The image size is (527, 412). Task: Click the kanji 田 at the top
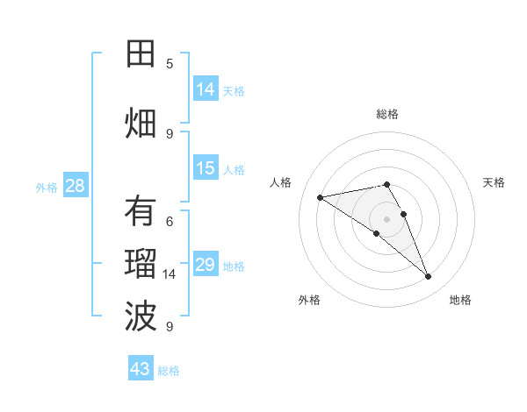pyautogui.click(x=141, y=54)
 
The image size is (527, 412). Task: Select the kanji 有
pyautogui.click(x=141, y=211)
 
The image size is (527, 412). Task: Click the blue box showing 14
pyautogui.click(x=206, y=89)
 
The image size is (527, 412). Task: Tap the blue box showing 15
pyautogui.click(x=206, y=168)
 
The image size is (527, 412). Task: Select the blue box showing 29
pyautogui.click(x=206, y=265)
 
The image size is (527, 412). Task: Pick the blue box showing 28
pyautogui.click(x=75, y=186)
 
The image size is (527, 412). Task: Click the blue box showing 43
pyautogui.click(x=141, y=369)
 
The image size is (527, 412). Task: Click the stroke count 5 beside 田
pyautogui.click(x=170, y=64)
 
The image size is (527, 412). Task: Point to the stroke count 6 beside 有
pyautogui.click(x=170, y=222)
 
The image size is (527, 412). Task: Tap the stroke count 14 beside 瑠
pyautogui.click(x=170, y=274)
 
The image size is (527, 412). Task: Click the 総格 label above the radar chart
pyautogui.click(x=387, y=114)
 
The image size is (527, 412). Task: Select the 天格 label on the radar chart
pyautogui.click(x=495, y=182)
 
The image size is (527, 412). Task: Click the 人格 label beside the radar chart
pyautogui.click(x=281, y=182)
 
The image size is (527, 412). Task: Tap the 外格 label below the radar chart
pyautogui.click(x=309, y=300)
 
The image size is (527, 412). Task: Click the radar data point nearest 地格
pyautogui.click(x=429, y=277)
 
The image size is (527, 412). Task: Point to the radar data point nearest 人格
pyautogui.click(x=321, y=197)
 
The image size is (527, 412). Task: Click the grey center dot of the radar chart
pyautogui.click(x=386, y=218)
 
